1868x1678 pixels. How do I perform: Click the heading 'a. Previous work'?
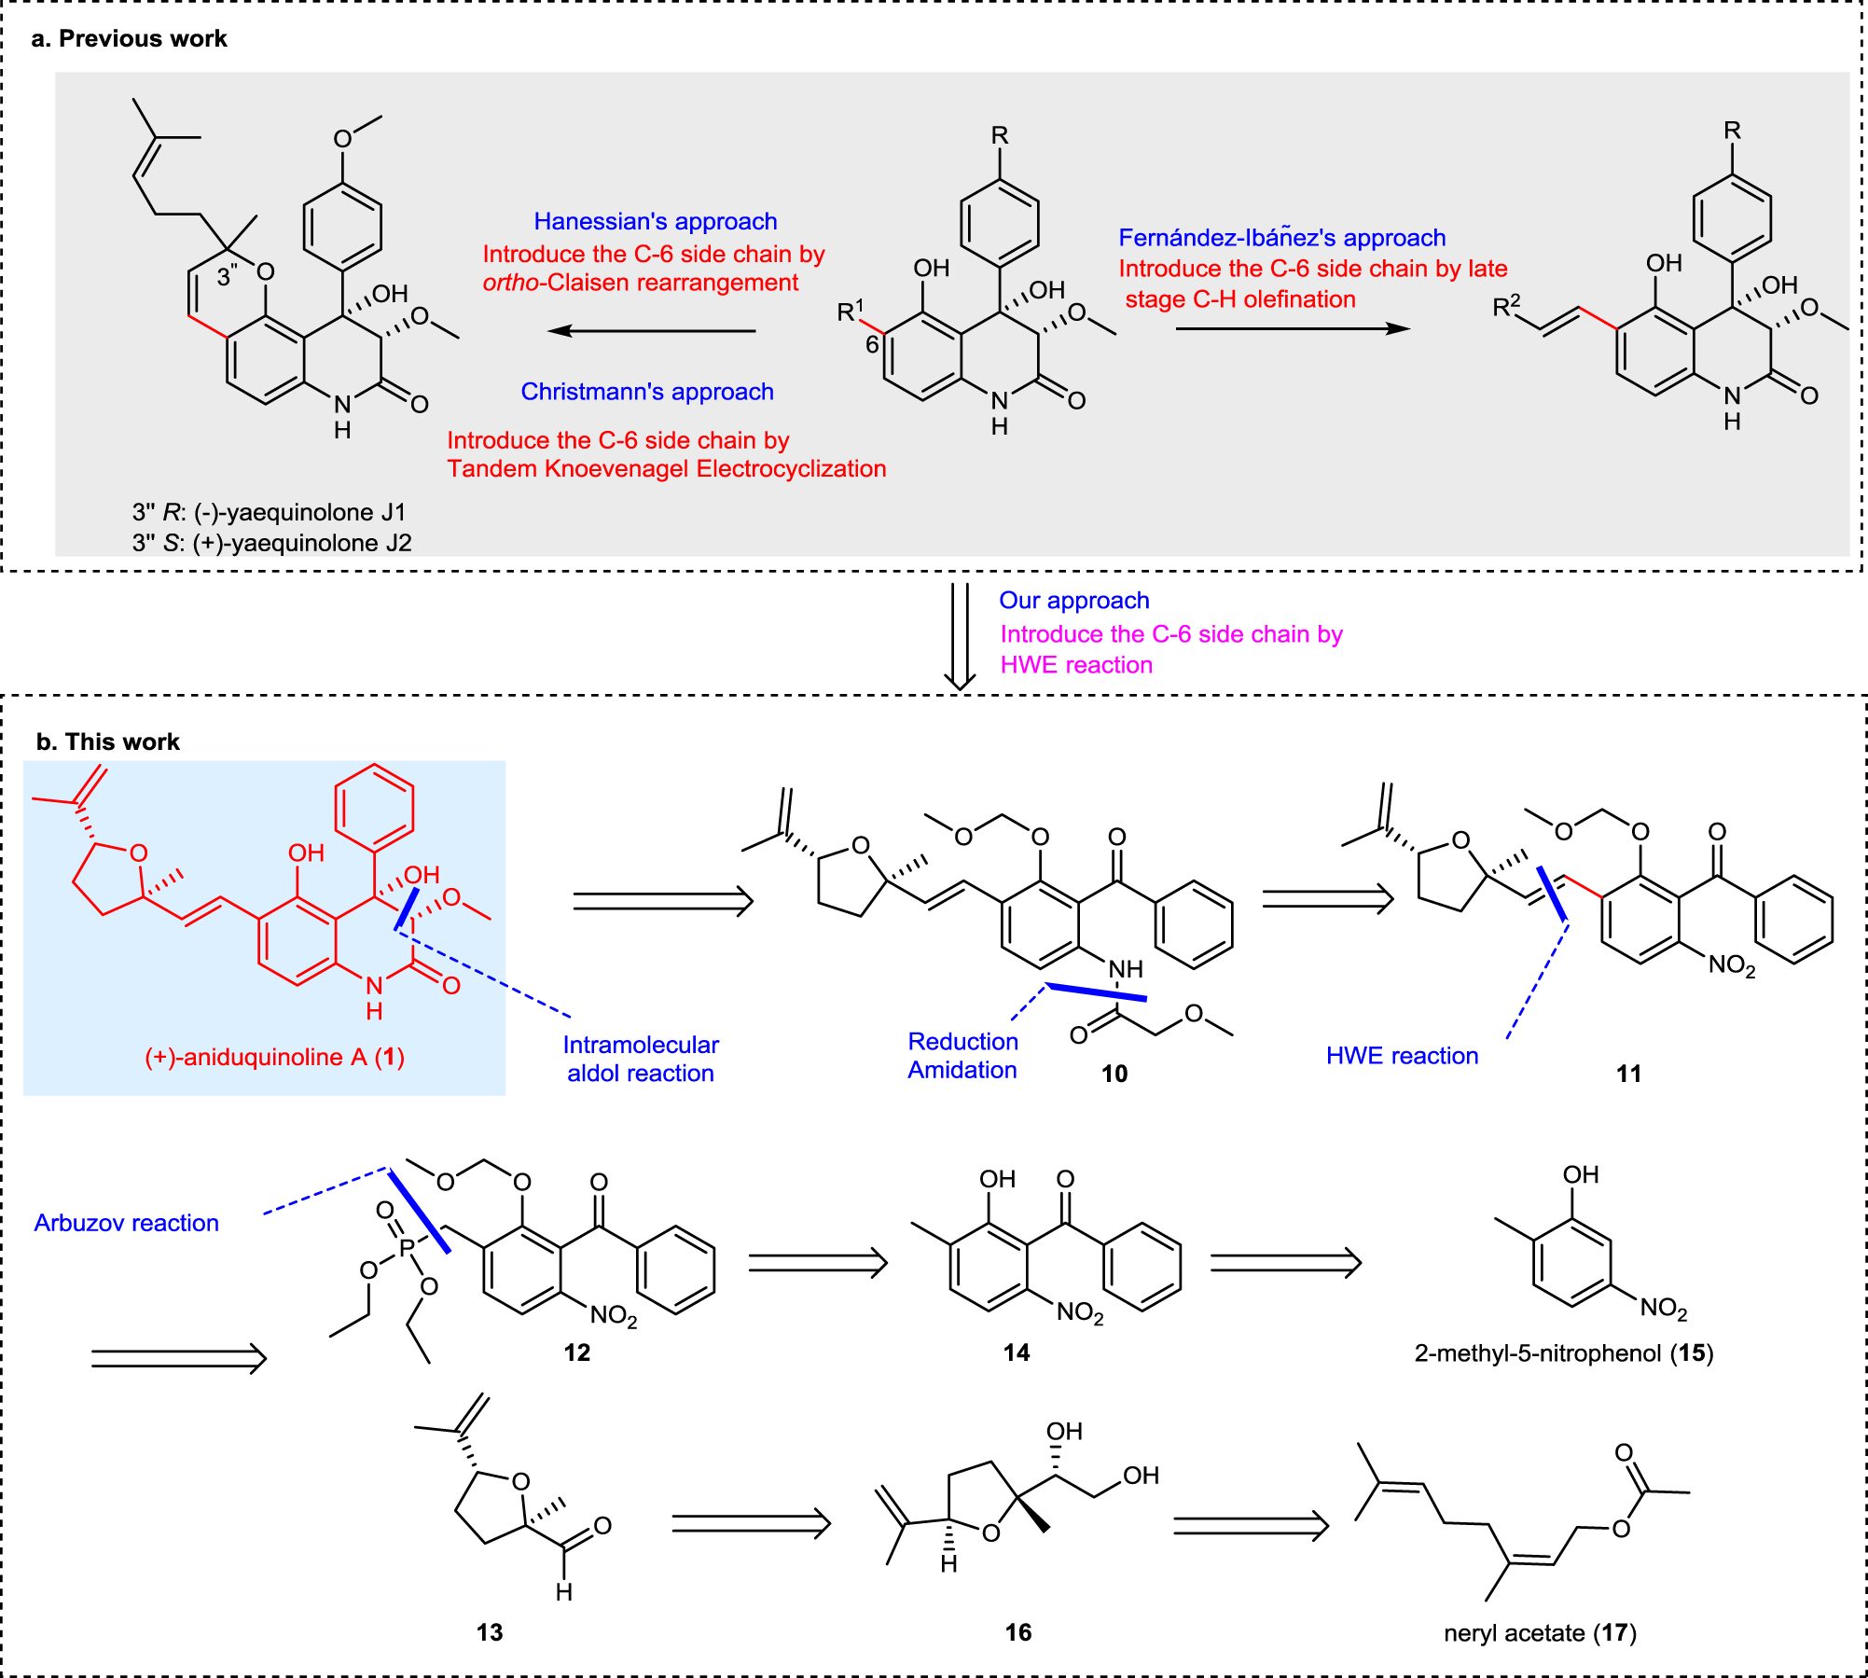pos(129,38)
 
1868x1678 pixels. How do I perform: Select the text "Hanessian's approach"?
pos(655,221)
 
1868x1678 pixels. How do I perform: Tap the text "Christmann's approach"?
pos(646,392)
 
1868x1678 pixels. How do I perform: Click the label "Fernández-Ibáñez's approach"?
pos(1281,237)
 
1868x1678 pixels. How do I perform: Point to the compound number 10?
pos(1114,1074)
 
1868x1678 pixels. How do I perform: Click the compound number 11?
pos(1628,1074)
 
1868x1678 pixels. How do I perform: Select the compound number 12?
pos(576,1352)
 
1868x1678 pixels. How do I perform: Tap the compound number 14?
pos(1016,1352)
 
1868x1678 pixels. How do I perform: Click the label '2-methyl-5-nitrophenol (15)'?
pos(1563,1352)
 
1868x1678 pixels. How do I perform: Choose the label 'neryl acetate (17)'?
pos(1540,1632)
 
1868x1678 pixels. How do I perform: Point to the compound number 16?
pos(1017,1632)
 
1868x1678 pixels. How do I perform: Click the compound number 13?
pos(489,1632)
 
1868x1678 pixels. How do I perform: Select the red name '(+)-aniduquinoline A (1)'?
pos(274,1057)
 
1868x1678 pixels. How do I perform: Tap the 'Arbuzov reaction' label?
pos(126,1223)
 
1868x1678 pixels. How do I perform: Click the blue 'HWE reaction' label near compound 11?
pos(1402,1056)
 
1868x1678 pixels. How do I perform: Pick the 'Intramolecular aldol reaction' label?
pos(641,1059)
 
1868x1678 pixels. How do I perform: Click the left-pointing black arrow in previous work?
pos(651,330)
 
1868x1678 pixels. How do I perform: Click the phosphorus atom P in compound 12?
pos(407,1247)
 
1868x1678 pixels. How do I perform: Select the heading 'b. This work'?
pos(107,742)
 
